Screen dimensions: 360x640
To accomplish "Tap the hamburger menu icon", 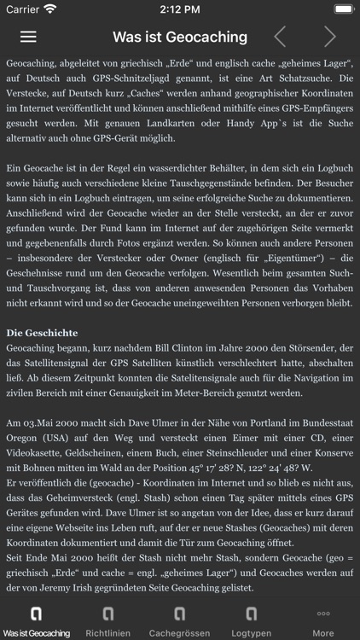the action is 28,37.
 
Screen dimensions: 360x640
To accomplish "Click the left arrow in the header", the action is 279,37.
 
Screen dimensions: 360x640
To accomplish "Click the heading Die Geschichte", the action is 54,332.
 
